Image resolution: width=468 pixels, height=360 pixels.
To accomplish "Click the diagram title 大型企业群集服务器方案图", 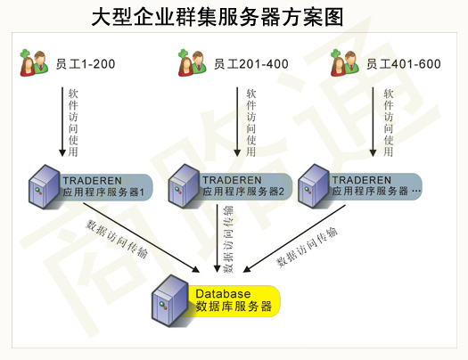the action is tap(218, 17).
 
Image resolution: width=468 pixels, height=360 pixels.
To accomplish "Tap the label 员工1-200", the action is tap(86, 64).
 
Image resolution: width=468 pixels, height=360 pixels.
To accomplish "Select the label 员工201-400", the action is tap(251, 64).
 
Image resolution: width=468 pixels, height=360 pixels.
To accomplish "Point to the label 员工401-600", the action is tap(404, 64).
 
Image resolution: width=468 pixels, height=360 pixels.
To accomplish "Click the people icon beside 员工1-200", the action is tap(34, 62).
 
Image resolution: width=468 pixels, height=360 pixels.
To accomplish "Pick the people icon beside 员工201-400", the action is tap(192, 62).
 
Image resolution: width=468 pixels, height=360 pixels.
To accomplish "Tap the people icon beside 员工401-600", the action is tap(345, 62).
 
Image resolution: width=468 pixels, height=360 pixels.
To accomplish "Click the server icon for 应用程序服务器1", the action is tap(45, 186).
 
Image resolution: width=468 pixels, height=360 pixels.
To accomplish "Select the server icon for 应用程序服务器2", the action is tap(184, 186).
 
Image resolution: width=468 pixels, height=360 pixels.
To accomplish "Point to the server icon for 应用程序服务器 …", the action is tap(314, 186).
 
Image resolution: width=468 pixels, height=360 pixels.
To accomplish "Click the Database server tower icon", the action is tap(170, 300).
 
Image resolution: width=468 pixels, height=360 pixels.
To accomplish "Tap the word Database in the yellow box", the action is tap(223, 294).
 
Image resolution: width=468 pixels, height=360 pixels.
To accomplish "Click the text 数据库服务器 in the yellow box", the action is tap(234, 307).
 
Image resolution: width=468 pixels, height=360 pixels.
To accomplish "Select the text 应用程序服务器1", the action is tap(103, 192).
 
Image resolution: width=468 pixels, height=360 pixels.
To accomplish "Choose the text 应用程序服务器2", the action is tap(243, 192).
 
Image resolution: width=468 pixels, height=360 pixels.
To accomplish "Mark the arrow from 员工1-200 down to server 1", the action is tap(62, 122).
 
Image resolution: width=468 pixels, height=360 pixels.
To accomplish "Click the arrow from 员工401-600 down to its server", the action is tap(373, 122).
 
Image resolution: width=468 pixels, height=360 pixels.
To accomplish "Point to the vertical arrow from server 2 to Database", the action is tap(218, 238).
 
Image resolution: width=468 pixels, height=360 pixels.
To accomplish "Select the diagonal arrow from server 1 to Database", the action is tap(141, 238).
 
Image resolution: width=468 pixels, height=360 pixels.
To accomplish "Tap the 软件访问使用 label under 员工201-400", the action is tap(251, 122).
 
